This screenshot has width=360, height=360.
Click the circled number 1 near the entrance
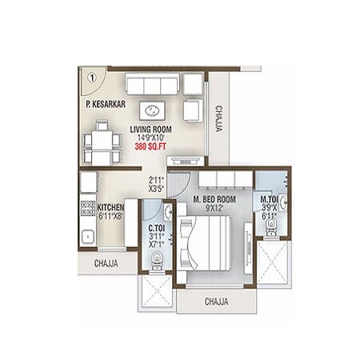pyautogui.click(x=92, y=78)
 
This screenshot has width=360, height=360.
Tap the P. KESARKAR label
pyautogui.click(x=107, y=104)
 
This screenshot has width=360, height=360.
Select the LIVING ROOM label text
pyautogui.click(x=151, y=129)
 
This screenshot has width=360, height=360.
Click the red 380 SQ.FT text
pyautogui.click(x=151, y=147)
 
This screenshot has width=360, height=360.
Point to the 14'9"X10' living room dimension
pyautogui.click(x=151, y=138)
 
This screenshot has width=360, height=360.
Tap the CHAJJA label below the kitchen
pyautogui.click(x=106, y=262)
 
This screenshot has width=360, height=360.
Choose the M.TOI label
pyautogui.click(x=270, y=199)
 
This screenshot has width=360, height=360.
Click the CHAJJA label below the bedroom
pyautogui.click(x=217, y=302)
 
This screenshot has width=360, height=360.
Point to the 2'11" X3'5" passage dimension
pyautogui.click(x=156, y=185)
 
